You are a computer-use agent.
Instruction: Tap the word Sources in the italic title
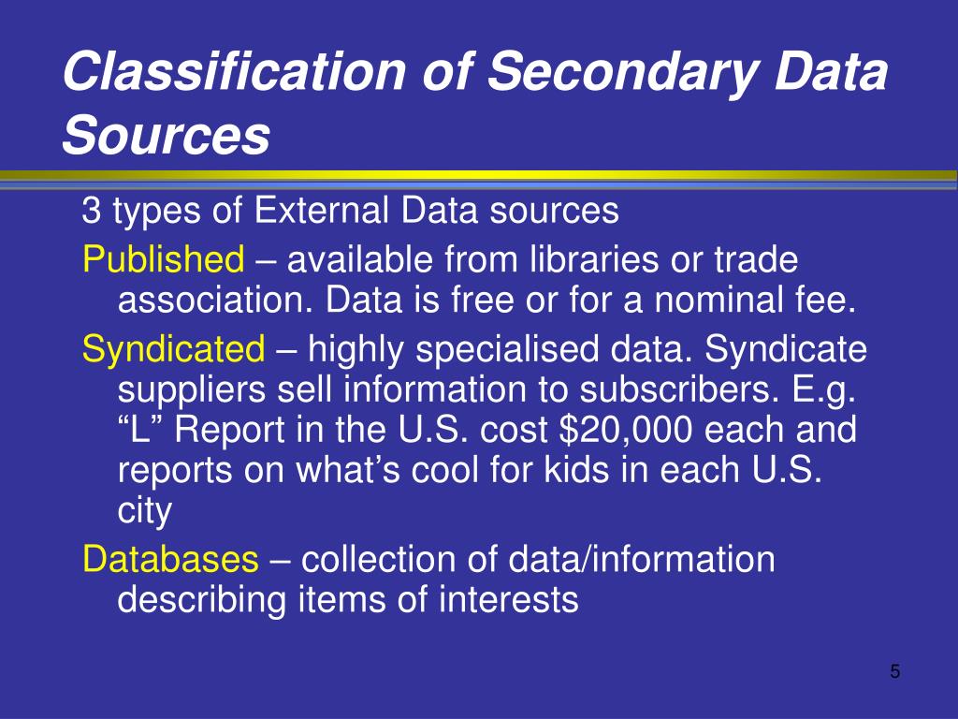(166, 136)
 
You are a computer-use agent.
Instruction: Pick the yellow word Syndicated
(174, 350)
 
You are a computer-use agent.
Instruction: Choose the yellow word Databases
(170, 559)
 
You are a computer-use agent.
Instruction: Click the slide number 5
(895, 671)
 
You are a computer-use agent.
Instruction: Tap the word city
(145, 511)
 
